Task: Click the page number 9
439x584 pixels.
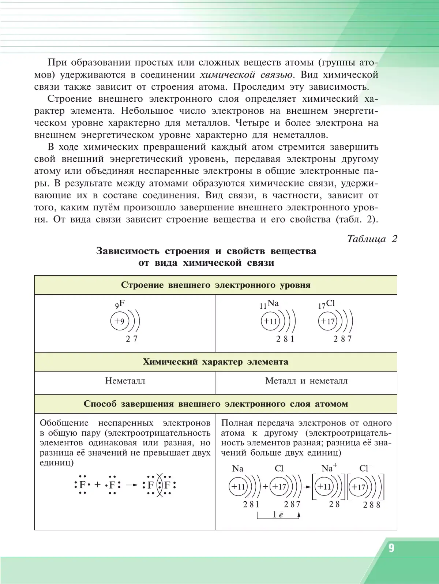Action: pyautogui.click(x=391, y=548)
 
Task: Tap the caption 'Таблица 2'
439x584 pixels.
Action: pyautogui.click(x=372, y=239)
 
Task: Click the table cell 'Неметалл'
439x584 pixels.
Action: pyautogui.click(x=125, y=381)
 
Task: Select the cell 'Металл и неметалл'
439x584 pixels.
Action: pyautogui.click(x=306, y=381)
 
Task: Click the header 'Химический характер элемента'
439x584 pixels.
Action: pyautogui.click(x=215, y=362)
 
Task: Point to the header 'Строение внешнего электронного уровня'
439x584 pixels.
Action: pyautogui.click(x=215, y=285)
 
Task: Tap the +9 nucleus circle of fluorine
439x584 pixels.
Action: pyautogui.click(x=119, y=321)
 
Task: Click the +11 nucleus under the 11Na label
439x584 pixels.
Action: pyautogui.click(x=270, y=321)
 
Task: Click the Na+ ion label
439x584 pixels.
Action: pyautogui.click(x=329, y=468)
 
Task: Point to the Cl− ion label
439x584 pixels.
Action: pyautogui.click(x=365, y=468)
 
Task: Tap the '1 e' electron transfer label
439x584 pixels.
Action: pyautogui.click(x=278, y=514)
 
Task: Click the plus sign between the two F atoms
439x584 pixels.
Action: pyautogui.click(x=97, y=485)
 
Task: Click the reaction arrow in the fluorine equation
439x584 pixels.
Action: pyautogui.click(x=132, y=485)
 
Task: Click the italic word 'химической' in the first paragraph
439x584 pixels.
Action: pyautogui.click(x=227, y=75)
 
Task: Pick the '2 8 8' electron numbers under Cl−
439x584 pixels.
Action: pyautogui.click(x=372, y=505)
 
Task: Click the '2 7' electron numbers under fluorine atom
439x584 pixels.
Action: pyautogui.click(x=132, y=339)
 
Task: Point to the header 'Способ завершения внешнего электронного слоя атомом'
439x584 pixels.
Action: pyautogui.click(x=215, y=404)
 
